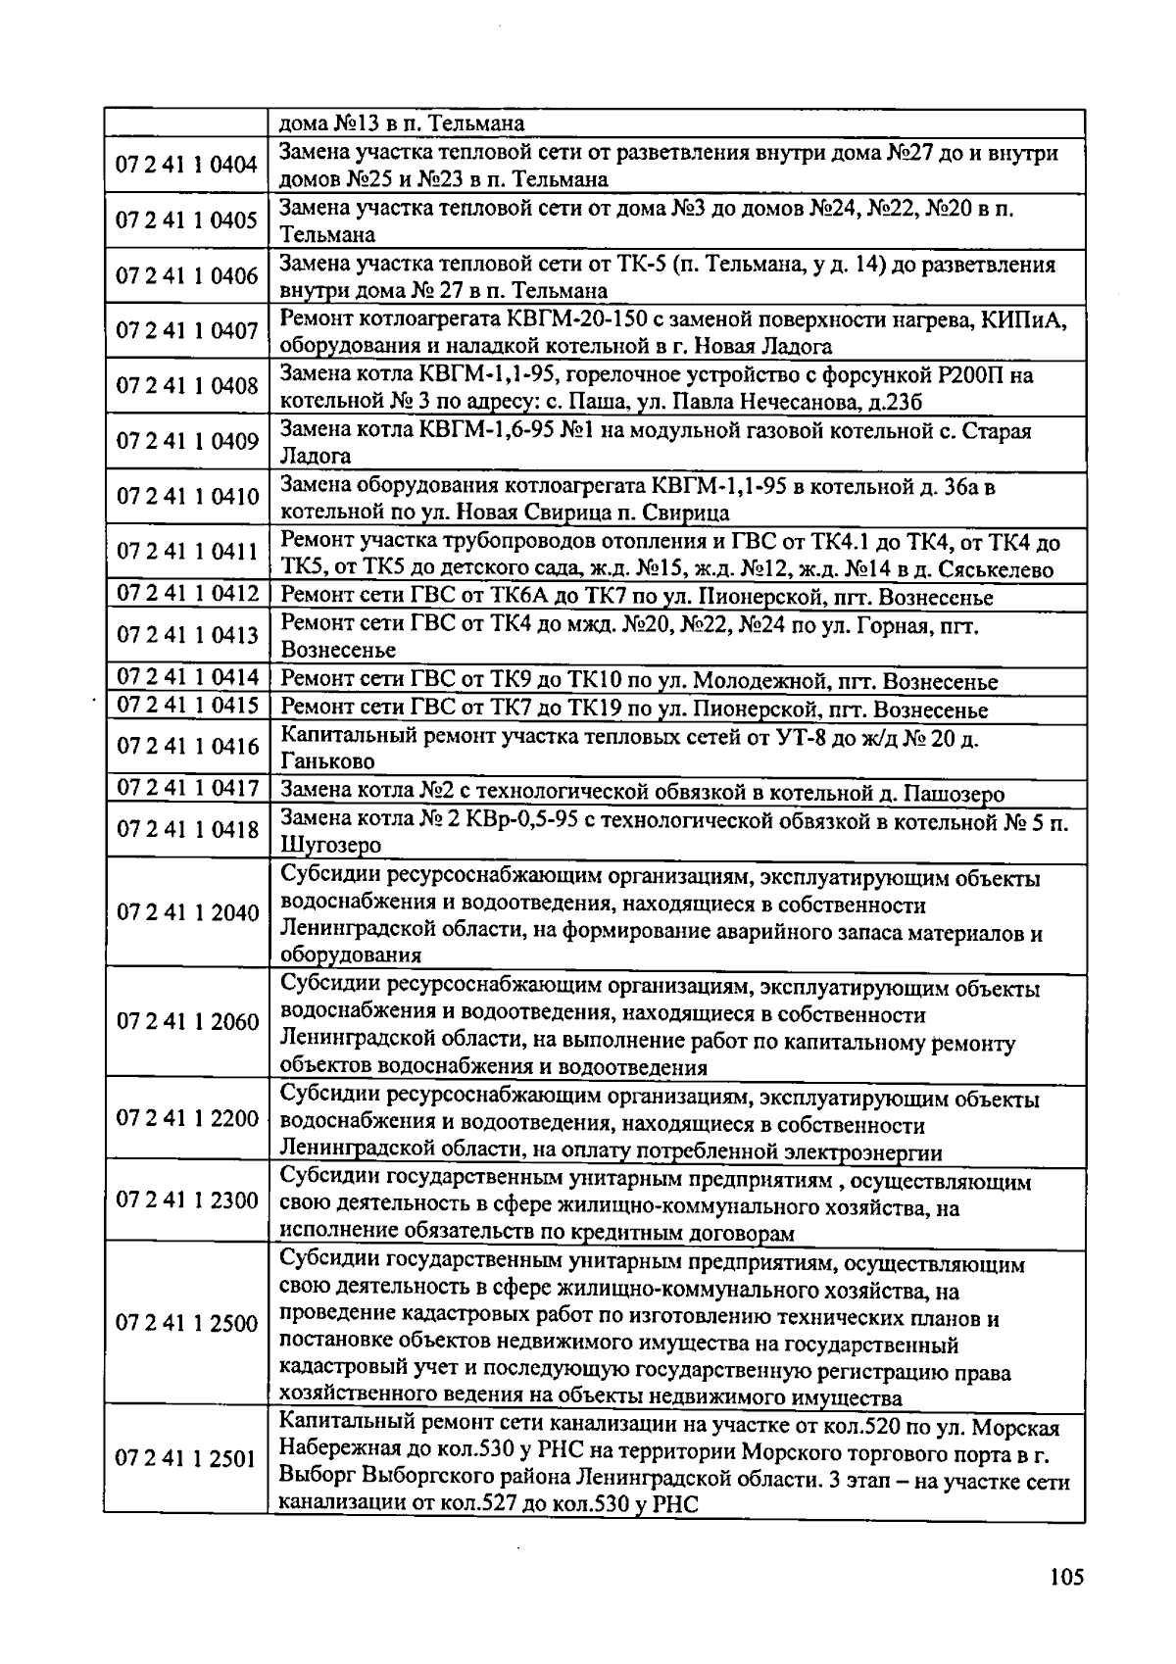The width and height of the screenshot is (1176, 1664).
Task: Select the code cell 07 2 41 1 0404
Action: click(187, 165)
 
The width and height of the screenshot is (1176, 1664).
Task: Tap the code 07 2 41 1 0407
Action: click(187, 331)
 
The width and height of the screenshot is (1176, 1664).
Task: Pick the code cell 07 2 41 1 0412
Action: click(187, 594)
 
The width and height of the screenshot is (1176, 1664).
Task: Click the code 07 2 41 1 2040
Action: click(187, 913)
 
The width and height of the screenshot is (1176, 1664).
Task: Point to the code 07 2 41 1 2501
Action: click(185, 1459)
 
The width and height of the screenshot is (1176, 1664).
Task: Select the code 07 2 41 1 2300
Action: click(187, 1200)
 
